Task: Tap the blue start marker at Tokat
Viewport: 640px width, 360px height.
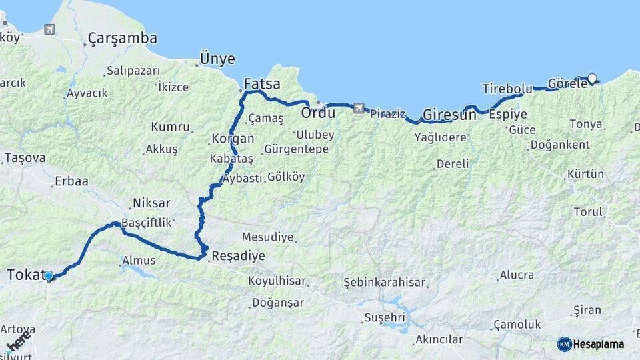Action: [49, 275]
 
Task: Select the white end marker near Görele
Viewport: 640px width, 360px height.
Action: [592, 78]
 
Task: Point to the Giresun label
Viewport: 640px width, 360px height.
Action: [449, 114]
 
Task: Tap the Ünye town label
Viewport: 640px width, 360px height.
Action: [218, 59]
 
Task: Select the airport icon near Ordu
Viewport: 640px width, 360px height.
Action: [360, 108]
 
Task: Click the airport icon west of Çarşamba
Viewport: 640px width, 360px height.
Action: [49, 29]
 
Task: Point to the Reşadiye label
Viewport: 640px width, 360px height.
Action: [238, 256]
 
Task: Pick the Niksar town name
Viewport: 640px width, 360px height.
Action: [151, 203]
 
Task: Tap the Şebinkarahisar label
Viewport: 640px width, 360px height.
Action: [384, 283]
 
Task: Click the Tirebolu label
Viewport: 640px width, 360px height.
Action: [507, 89]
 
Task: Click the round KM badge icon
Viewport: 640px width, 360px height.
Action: [564, 344]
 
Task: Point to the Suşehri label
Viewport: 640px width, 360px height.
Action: [385, 318]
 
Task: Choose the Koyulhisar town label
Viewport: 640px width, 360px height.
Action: [276, 281]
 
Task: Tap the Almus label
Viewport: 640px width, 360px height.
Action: [139, 261]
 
